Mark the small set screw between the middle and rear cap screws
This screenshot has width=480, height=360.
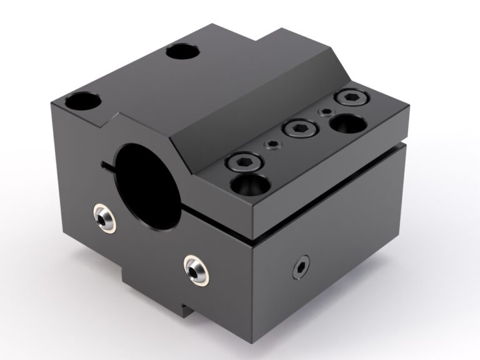click(x=325, y=113)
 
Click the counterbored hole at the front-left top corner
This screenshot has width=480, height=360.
click(x=82, y=100)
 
